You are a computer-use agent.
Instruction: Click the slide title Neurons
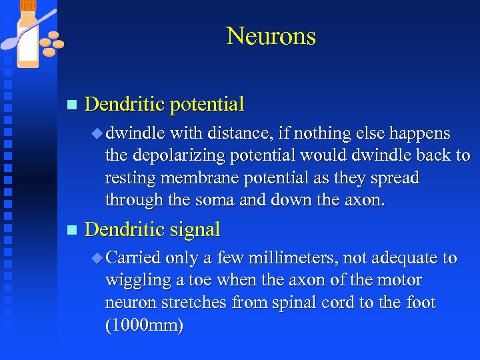click(271, 36)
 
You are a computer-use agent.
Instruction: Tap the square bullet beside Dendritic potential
click(72, 105)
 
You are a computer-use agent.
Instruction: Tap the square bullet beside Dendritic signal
click(72, 231)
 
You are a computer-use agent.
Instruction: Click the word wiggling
click(133, 281)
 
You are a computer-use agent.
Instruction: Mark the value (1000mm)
click(144, 325)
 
